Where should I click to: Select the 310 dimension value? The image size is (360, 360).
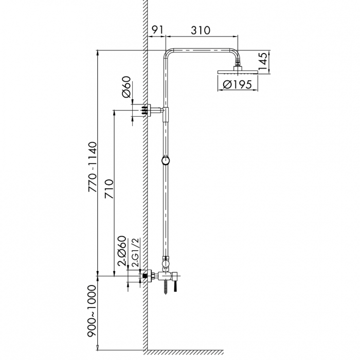coord(200,30)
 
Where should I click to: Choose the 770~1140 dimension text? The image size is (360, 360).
coord(93,167)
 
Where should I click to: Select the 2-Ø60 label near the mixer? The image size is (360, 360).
coord(121,251)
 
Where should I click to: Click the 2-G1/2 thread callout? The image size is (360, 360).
coord(135,252)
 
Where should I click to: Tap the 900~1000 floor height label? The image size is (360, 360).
coord(93,311)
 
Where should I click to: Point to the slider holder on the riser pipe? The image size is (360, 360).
coord(166,161)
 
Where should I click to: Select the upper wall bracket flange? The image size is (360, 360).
coord(150,111)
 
